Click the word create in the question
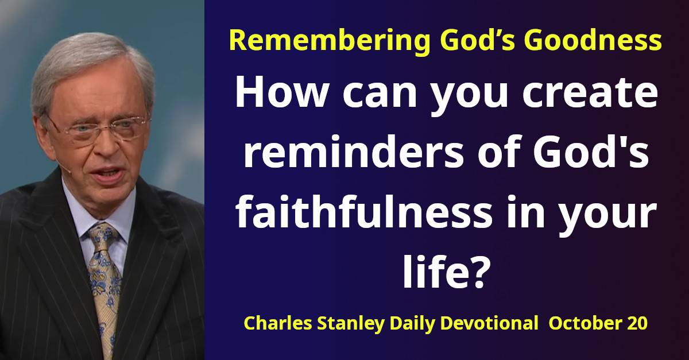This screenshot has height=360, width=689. (590, 94)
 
